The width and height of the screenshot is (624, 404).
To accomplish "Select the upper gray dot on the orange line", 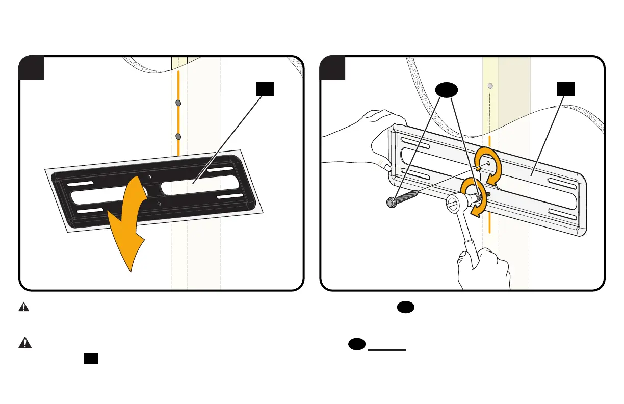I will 178,103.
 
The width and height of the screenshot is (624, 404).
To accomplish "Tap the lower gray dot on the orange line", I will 178,137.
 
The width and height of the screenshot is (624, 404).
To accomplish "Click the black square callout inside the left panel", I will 265,89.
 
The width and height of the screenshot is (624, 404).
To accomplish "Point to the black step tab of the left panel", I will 32,68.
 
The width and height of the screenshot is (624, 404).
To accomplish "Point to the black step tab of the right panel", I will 332,68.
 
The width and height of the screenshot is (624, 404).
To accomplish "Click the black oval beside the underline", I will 356,345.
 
